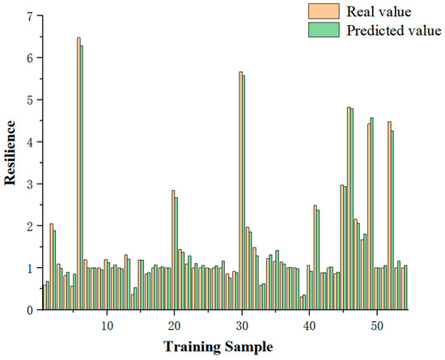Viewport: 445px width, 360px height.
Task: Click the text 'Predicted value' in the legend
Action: [392, 31]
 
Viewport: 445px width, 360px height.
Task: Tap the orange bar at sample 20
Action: [172, 250]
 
